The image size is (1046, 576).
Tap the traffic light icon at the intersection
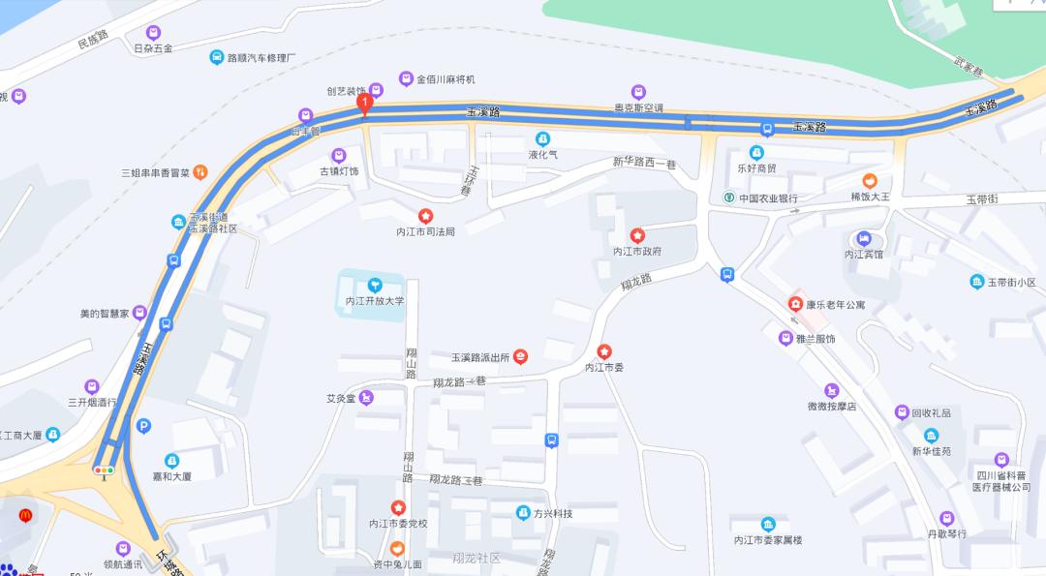[104, 470]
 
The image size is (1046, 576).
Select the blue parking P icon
[144, 425]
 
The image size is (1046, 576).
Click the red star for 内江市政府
[637, 235]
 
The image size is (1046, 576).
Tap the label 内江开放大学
[375, 301]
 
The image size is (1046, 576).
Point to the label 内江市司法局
[425, 231]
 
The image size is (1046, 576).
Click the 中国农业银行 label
[768, 198]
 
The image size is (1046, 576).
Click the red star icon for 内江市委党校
[398, 507]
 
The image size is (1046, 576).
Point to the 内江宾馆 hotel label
[864, 255]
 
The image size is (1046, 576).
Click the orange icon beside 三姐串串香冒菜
[199, 172]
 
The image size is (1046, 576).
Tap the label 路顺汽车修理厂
[261, 57]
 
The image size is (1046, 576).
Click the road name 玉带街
[981, 198]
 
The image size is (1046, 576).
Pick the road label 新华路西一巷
[644, 165]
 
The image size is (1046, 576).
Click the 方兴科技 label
[552, 513]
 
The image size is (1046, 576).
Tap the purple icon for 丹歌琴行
[946, 518]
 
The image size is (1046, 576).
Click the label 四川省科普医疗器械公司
[1002, 480]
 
